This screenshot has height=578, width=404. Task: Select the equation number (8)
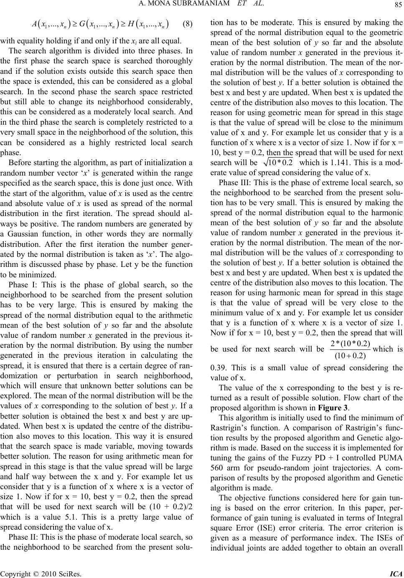coord(188,24)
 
